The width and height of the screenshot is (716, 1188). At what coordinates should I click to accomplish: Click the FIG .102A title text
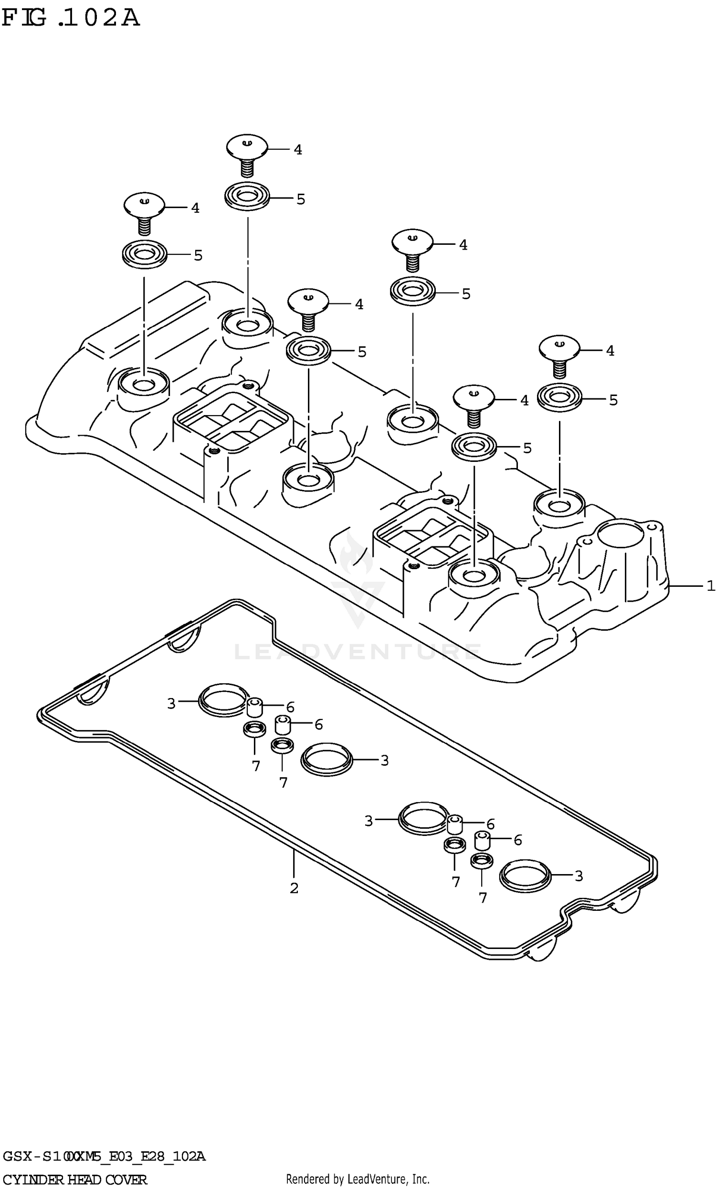click(x=71, y=19)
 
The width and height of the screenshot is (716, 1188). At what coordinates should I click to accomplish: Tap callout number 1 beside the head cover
click(x=710, y=586)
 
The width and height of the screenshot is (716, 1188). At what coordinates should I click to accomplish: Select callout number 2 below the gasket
click(x=294, y=887)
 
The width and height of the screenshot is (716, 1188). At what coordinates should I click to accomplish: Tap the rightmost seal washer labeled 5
click(x=560, y=398)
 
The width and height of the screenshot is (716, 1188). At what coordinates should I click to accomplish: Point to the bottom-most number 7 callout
click(x=483, y=897)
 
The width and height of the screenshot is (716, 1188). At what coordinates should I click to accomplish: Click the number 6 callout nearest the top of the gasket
click(x=290, y=707)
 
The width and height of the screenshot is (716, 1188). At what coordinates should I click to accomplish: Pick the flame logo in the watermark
click(x=356, y=554)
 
